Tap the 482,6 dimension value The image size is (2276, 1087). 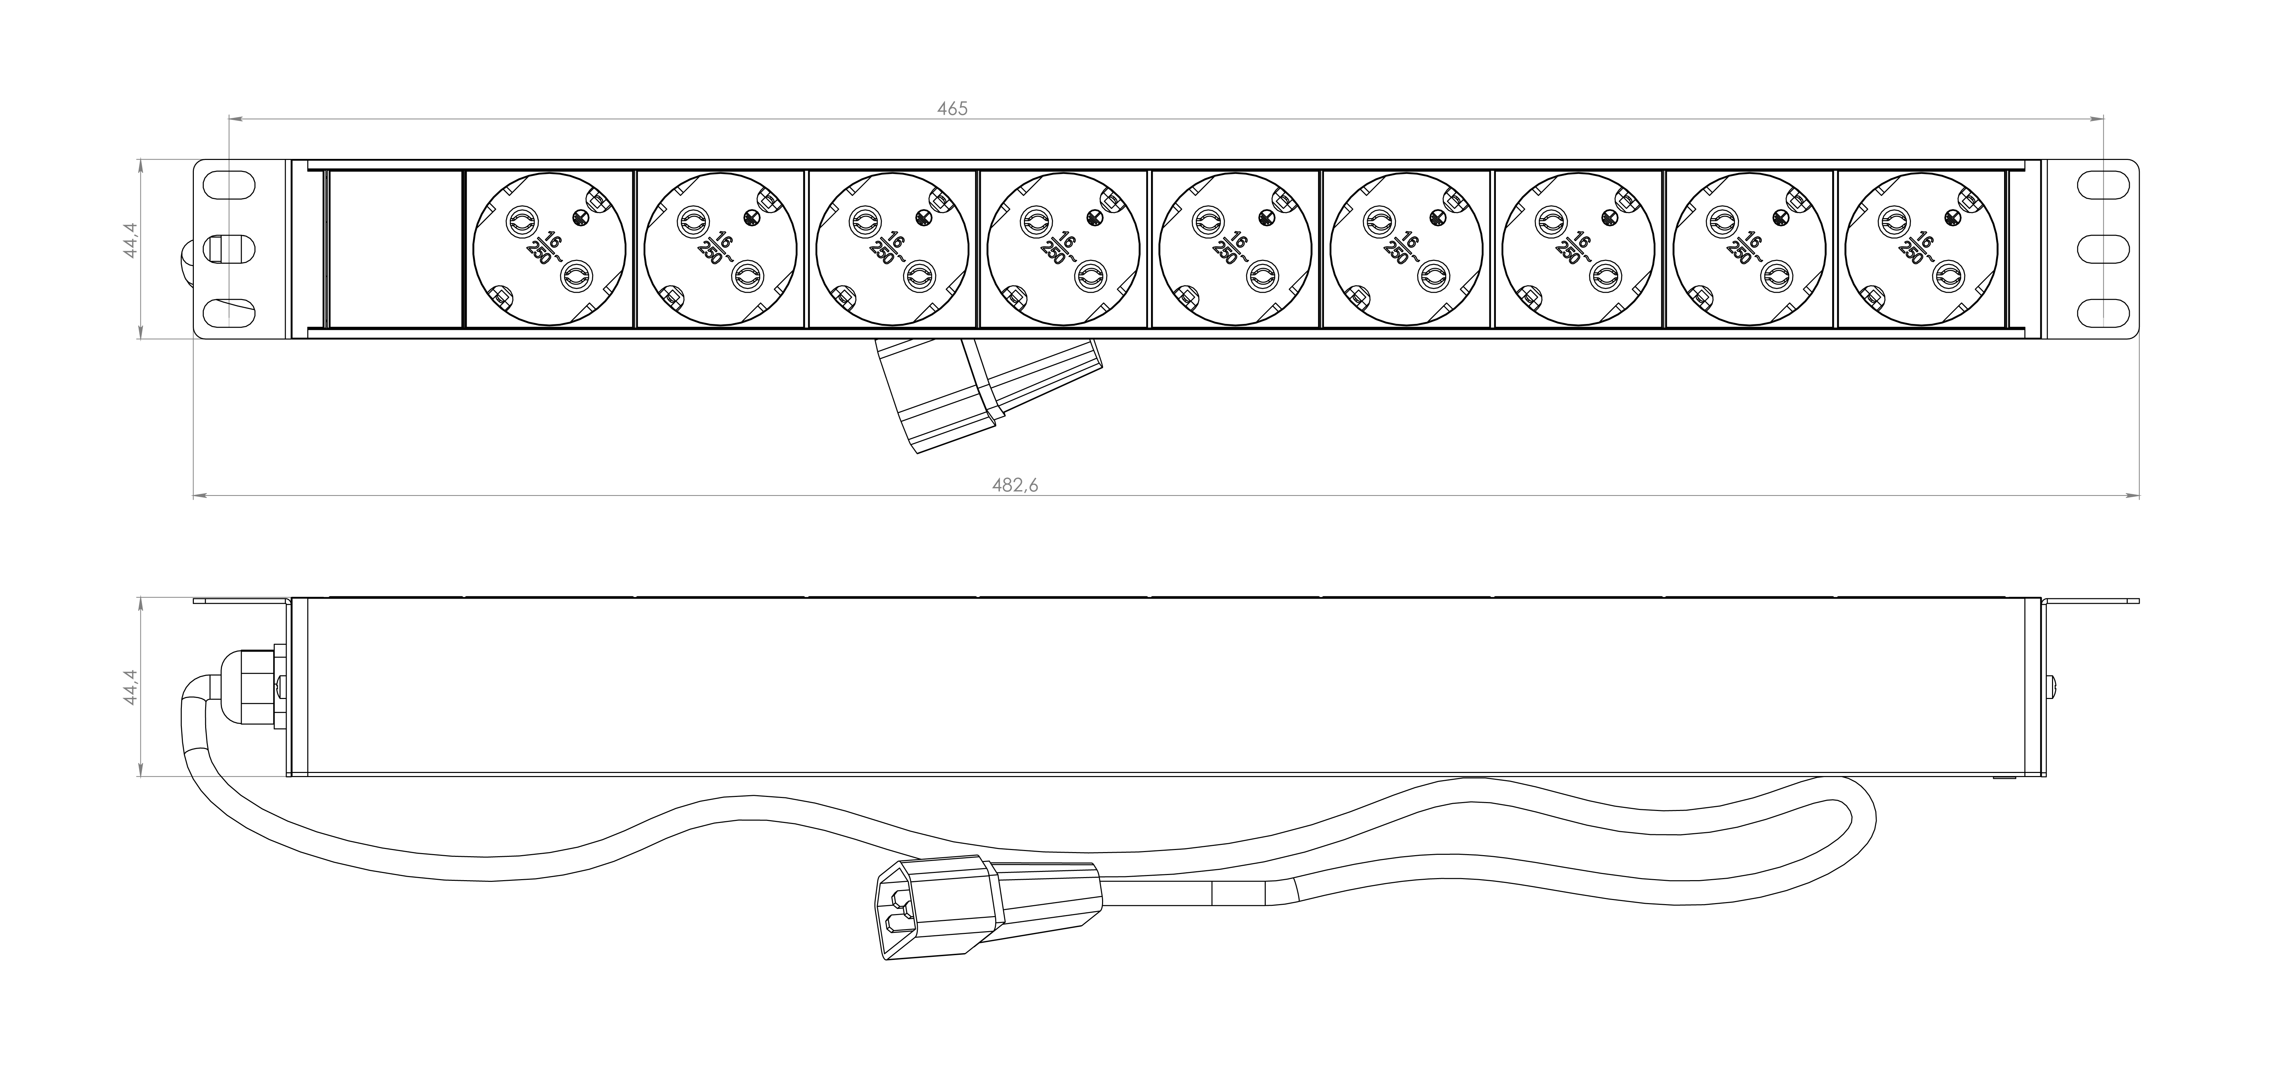pyautogui.click(x=1015, y=485)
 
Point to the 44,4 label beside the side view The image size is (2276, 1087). pyautogui.click(x=131, y=687)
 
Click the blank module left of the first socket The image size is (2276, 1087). pyautogui.click(x=395, y=249)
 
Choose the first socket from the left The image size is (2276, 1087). pyautogui.click(x=549, y=249)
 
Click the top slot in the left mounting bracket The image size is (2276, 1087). pyautogui.click(x=229, y=186)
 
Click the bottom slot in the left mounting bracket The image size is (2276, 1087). pyautogui.click(x=229, y=311)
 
